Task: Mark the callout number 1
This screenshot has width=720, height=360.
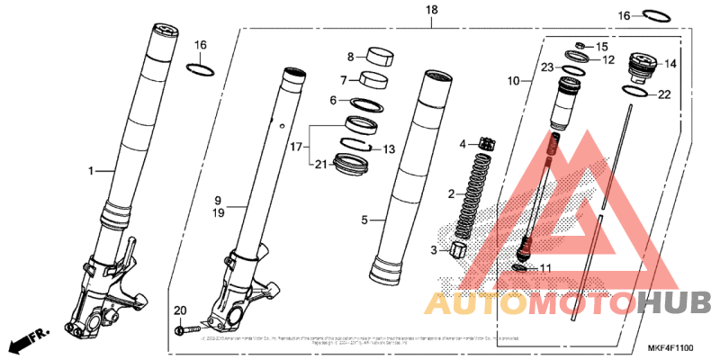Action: [x=89, y=170]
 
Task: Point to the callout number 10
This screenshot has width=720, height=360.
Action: [x=514, y=81]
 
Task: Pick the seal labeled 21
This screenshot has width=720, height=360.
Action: [x=351, y=164]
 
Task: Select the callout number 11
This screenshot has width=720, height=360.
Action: [x=544, y=268]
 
